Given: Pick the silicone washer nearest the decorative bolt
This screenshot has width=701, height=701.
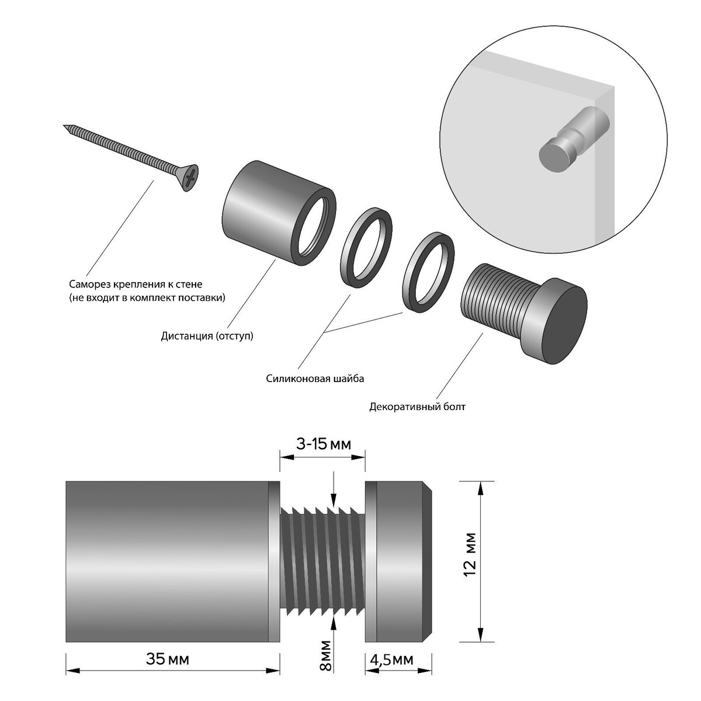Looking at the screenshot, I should pos(429,269).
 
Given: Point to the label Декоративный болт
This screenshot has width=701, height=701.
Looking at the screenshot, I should pos(417,407).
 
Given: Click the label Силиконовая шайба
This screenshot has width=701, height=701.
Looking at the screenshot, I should pos(315,379).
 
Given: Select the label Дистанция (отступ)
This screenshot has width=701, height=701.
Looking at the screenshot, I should pos(207,336).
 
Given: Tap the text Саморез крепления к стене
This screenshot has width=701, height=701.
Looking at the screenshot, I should pos(135,284).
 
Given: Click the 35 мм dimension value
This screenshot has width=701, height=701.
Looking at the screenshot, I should pos(168,660).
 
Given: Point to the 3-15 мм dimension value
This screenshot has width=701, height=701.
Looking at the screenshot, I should pos(324,445).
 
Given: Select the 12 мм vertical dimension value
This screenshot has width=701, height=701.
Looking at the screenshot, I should pos(471,554).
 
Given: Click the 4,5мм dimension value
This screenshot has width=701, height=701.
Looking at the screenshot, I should pos(392,660).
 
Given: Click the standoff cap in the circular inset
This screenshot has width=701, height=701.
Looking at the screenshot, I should pos(553,154).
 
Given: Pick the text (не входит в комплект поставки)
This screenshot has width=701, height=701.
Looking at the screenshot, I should pos(147,298).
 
